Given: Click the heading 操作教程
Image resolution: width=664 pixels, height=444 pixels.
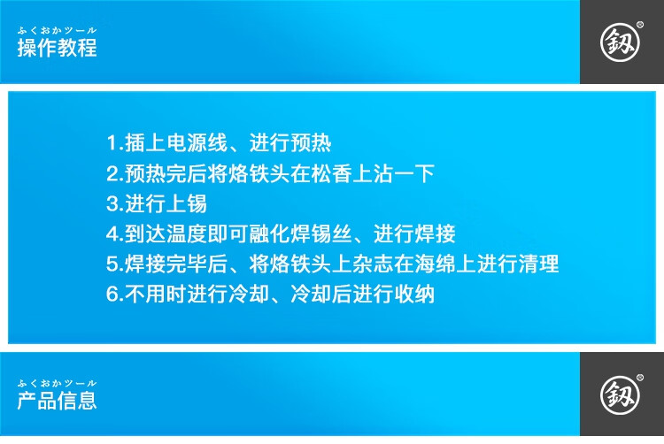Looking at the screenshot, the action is tap(58, 48).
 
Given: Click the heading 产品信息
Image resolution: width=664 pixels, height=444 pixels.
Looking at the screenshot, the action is tap(58, 401).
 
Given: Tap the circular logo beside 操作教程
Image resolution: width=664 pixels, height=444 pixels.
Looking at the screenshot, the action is tap(620, 42).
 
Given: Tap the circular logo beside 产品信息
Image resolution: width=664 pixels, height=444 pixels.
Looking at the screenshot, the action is tap(620, 395).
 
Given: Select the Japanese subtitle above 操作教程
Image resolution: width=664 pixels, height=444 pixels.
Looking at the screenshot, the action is tap(58, 30).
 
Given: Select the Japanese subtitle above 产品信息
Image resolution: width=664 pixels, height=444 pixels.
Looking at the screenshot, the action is tap(58, 383).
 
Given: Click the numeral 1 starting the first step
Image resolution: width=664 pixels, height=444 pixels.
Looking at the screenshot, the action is tap(112, 143).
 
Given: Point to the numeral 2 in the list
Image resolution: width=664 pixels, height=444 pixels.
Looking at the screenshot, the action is tap(112, 173).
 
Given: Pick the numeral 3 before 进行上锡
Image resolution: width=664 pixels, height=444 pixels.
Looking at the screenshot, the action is tap(112, 203).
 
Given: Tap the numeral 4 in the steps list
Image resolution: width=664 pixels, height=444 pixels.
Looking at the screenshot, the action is tap(112, 233).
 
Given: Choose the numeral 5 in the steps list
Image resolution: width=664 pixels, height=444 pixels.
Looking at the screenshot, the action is tap(112, 264).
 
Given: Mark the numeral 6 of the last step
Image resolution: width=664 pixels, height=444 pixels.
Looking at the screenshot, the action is tap(112, 295).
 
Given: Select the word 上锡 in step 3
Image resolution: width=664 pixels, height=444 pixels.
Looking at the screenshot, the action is tap(186, 203).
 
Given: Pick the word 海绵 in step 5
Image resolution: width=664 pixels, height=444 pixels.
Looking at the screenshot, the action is tap(436, 264).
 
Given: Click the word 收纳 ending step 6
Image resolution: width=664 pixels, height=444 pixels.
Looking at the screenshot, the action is tap(414, 295).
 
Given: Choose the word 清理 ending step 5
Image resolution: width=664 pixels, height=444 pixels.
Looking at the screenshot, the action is tap(538, 264).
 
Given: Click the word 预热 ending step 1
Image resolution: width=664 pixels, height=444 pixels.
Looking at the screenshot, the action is tap(311, 143).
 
